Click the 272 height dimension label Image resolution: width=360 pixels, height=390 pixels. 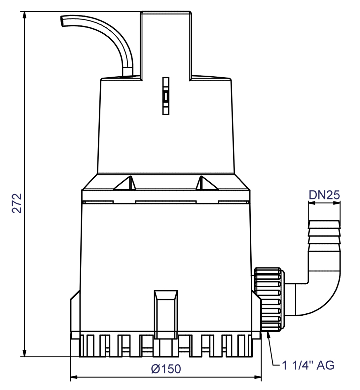(17, 203)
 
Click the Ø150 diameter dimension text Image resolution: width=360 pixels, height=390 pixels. (166, 369)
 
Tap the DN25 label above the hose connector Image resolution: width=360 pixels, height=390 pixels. (324, 195)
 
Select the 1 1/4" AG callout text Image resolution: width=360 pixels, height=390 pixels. (308, 365)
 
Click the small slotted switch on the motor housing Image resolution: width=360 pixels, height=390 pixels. (166, 96)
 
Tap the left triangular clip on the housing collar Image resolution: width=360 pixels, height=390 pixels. (126, 184)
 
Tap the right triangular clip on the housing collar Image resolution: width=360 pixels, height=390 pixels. (206, 184)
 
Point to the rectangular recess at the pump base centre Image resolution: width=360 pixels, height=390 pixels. (166, 314)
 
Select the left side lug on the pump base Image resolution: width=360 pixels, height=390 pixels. (75, 312)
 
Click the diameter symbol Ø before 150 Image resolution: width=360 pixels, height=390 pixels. (156, 369)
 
